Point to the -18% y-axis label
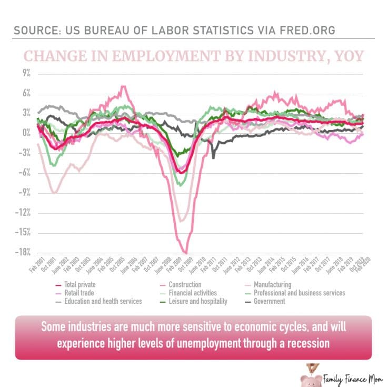23,252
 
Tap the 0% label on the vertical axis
26,133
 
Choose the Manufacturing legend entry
272,285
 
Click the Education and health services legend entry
103,301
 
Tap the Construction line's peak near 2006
123,86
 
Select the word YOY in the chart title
344,56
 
